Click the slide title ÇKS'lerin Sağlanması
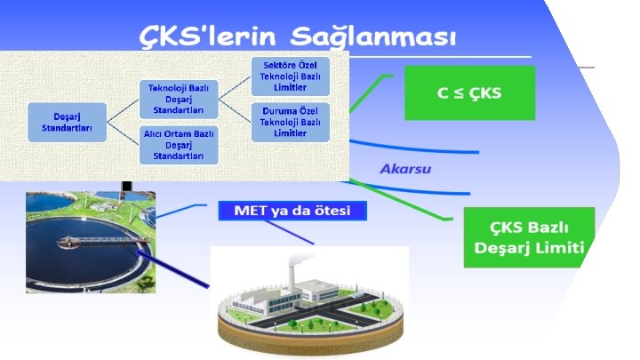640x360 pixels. coord(299,37)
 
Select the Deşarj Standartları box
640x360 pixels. coord(66,123)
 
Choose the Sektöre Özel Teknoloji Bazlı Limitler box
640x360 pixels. coord(291,76)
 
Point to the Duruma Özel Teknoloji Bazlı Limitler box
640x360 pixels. coord(291,122)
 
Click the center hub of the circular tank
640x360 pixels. coord(68,241)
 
